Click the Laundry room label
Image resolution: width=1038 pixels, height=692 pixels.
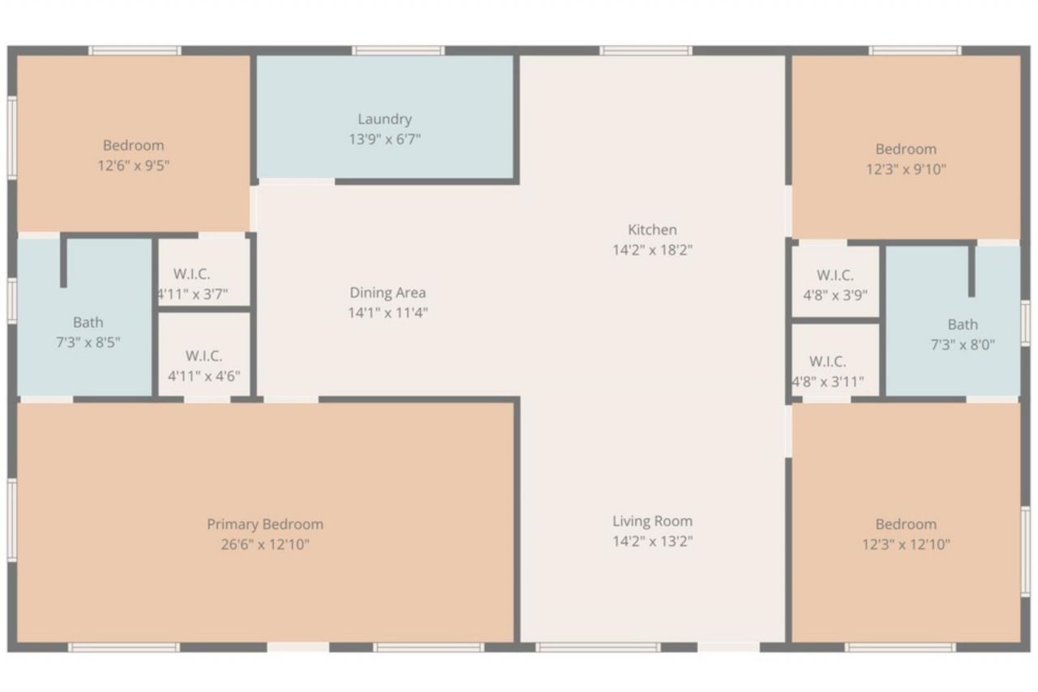coord(384,119)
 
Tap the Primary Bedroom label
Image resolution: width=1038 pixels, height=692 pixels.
coord(264,524)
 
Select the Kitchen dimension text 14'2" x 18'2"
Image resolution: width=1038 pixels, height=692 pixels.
coord(652,250)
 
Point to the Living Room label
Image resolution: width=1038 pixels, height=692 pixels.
coord(652,521)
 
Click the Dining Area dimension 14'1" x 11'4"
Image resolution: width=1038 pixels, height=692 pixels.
coord(388,313)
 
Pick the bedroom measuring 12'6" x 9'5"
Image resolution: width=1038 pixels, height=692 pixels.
coord(133,154)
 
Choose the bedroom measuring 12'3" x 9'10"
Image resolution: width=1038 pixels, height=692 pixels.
coord(906,158)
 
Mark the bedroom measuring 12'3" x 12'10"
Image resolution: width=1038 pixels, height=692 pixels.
coord(906,534)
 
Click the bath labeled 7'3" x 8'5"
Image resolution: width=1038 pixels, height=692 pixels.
coord(88,332)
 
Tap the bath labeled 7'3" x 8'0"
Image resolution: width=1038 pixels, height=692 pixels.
coord(962,333)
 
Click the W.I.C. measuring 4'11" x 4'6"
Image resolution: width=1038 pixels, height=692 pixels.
coord(204,365)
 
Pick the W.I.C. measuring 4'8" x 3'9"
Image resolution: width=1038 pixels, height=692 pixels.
coord(834,285)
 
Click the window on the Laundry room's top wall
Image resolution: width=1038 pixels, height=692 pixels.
coord(398,50)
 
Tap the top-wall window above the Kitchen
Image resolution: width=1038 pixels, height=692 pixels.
coord(646,50)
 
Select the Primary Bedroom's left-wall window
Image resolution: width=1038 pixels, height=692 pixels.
coord(12,520)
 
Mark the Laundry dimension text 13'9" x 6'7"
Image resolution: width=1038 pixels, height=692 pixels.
coord(384,140)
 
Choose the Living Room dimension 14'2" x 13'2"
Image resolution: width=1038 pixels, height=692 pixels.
coord(652,541)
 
